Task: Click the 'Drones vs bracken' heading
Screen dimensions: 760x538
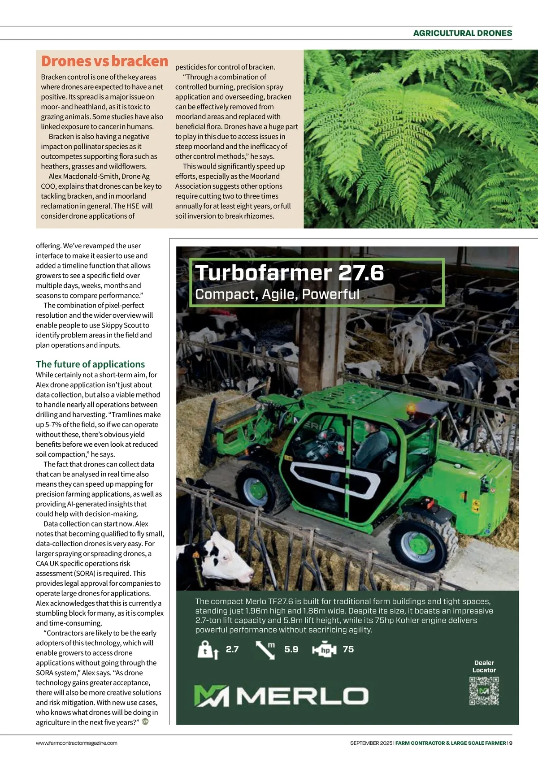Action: pyautogui.click(x=104, y=61)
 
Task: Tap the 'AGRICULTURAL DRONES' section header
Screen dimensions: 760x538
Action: pyautogui.click(x=462, y=33)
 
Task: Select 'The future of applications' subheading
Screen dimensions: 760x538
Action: pyautogui.click(x=90, y=364)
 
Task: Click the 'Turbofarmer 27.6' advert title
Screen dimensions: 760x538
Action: pyautogui.click(x=290, y=273)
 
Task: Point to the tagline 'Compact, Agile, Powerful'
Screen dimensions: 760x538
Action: pyautogui.click(x=277, y=294)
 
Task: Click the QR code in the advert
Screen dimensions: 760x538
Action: pyautogui.click(x=484, y=691)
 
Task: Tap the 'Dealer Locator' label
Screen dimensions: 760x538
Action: pyautogui.click(x=484, y=666)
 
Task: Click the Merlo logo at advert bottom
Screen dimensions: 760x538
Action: pyautogui.click(x=281, y=696)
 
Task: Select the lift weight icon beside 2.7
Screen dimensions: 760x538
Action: pyautogui.click(x=208, y=650)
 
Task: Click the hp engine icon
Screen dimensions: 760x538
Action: pyautogui.click(x=324, y=650)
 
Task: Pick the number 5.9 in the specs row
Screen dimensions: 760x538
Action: pyautogui.click(x=291, y=649)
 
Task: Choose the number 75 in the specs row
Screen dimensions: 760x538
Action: pyautogui.click(x=348, y=649)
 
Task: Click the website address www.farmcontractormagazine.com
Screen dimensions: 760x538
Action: pyautogui.click(x=77, y=743)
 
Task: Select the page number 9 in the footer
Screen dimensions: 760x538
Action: pyautogui.click(x=511, y=743)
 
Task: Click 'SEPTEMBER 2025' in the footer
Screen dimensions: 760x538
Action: pyautogui.click(x=371, y=743)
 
